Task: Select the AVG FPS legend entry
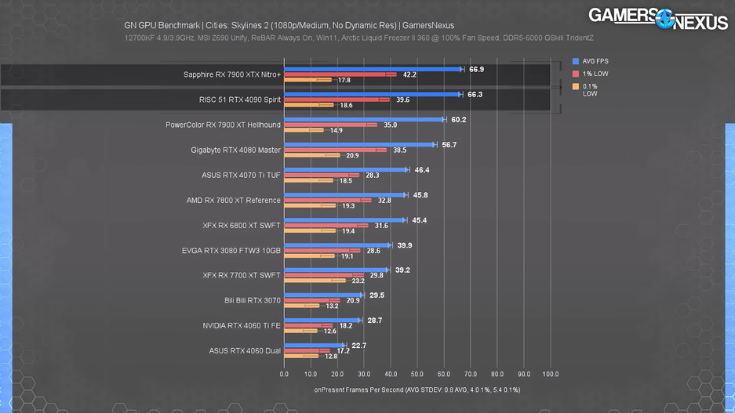pos(595,60)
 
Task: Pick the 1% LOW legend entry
pos(595,73)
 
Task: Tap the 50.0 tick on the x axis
pos(417,374)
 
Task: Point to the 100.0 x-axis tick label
pos(550,374)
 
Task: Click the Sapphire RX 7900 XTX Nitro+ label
pos(232,75)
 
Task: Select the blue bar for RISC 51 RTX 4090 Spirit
pos(372,94)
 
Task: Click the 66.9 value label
pos(476,69)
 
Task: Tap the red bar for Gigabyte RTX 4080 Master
pos(335,150)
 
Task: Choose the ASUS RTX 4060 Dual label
pos(245,350)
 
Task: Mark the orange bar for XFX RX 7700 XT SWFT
pos(315,281)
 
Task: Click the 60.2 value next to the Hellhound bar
pos(459,119)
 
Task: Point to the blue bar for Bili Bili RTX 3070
pos(322,295)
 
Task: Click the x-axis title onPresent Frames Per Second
pos(417,389)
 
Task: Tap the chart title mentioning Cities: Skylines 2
pos(289,24)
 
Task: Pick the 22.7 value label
pos(360,345)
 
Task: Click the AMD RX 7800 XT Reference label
pos(234,200)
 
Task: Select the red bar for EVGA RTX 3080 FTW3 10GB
pos(322,250)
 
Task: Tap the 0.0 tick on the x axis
pos(284,374)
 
